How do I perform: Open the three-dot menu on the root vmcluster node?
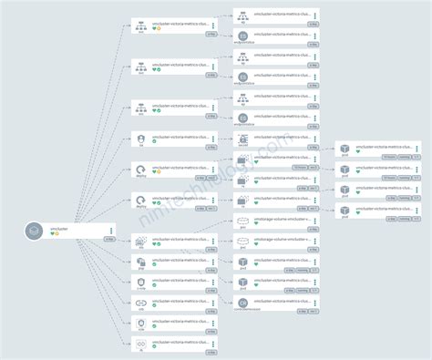(111, 231)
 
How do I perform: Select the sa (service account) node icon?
(141, 139)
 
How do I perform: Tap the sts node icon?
(141, 240)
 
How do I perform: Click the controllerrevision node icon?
(242, 303)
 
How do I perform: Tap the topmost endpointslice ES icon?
(242, 36)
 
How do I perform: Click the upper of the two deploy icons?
(141, 170)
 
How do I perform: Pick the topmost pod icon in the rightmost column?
(345, 149)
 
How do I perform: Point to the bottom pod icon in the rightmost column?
(345, 211)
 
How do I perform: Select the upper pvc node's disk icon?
(242, 221)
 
